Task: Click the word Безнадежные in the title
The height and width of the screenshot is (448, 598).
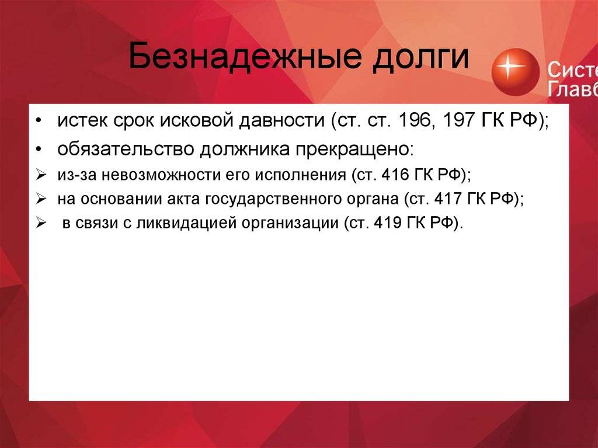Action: coord(245,56)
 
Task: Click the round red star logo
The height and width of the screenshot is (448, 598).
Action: coord(515,72)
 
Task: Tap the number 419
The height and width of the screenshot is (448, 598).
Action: coord(388,223)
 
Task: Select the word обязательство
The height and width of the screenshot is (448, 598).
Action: coord(126,149)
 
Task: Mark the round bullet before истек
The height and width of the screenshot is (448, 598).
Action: coord(38,120)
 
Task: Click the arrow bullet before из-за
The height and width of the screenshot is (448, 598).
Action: coord(41,175)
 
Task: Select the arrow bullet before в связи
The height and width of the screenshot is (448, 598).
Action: coord(41,223)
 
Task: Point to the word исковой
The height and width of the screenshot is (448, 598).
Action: coord(196,120)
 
